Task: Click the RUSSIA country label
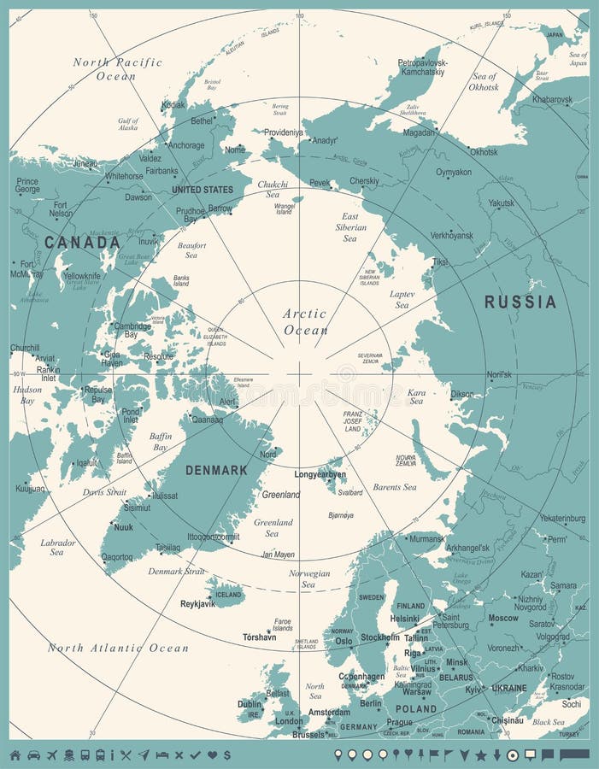pyautogui.click(x=520, y=302)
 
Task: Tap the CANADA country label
pyautogui.click(x=82, y=243)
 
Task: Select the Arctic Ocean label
pyautogui.click(x=305, y=321)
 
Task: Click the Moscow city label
pyautogui.click(x=502, y=618)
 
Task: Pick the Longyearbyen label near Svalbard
pyautogui.click(x=320, y=474)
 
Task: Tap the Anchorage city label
pyautogui.click(x=185, y=145)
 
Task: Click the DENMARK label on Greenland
pyautogui.click(x=216, y=470)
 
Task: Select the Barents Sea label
pyautogui.click(x=394, y=487)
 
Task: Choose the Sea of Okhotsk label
pyautogui.click(x=484, y=81)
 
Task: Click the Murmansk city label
pyautogui.click(x=426, y=539)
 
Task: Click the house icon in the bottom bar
pyautogui.click(x=15, y=754)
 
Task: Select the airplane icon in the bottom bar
pyautogui.click(x=52, y=754)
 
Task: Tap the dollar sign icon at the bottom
pyautogui.click(x=226, y=754)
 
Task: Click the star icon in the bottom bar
pyautogui.click(x=480, y=754)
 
